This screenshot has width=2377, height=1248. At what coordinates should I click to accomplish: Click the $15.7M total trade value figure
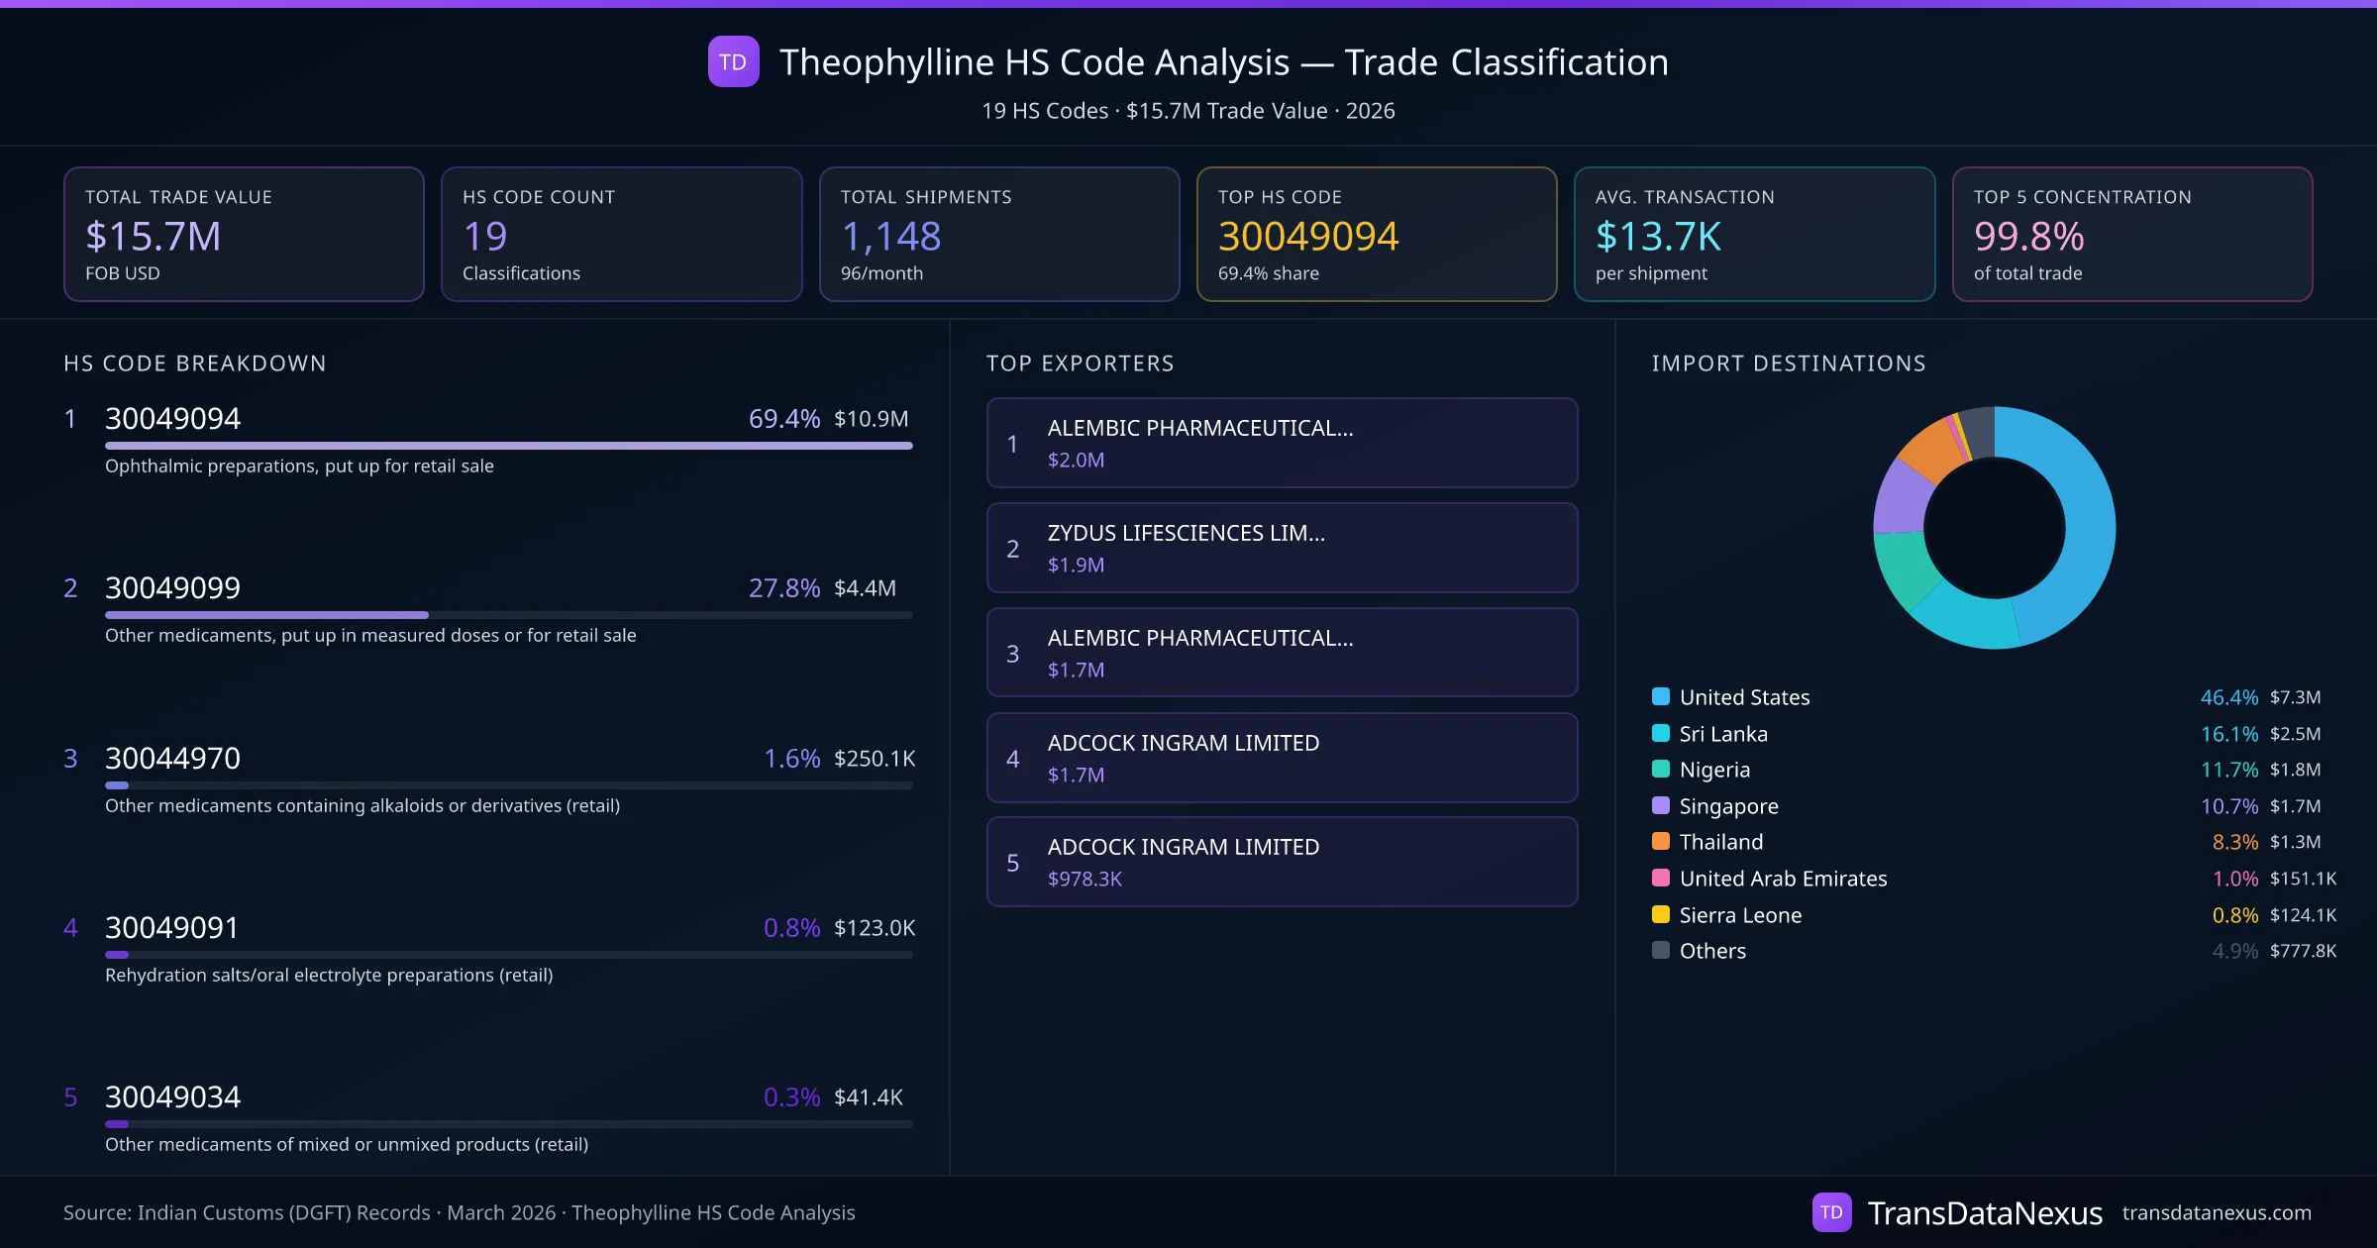click(154, 237)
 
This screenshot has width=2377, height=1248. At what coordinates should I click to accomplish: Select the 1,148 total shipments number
click(890, 237)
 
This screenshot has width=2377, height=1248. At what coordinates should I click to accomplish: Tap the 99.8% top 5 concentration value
click(2028, 237)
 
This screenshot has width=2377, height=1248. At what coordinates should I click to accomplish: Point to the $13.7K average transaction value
click(1658, 237)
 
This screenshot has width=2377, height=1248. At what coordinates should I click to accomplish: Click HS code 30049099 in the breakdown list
click(172, 588)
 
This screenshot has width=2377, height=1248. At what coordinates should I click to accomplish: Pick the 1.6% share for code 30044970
click(791, 759)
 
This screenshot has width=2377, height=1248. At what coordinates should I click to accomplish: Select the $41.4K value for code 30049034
click(868, 1097)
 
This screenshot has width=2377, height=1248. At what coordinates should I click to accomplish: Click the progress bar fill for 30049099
click(266, 615)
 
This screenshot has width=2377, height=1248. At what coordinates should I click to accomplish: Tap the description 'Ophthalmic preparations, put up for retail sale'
click(299, 467)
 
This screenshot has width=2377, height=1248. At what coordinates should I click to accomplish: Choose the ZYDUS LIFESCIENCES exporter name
click(1186, 533)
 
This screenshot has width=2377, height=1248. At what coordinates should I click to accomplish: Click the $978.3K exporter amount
click(1085, 880)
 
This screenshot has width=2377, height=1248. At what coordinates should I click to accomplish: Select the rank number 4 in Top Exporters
click(1012, 759)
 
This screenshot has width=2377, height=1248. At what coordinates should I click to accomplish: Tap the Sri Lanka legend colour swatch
click(1661, 734)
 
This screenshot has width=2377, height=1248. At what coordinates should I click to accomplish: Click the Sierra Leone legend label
click(1740, 915)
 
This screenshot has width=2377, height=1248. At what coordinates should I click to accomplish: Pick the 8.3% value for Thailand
click(2234, 843)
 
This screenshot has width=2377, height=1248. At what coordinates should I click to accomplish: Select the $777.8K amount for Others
click(2303, 952)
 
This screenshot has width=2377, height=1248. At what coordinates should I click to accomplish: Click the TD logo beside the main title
click(733, 62)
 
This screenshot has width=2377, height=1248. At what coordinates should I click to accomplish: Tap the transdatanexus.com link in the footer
click(2217, 1213)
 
